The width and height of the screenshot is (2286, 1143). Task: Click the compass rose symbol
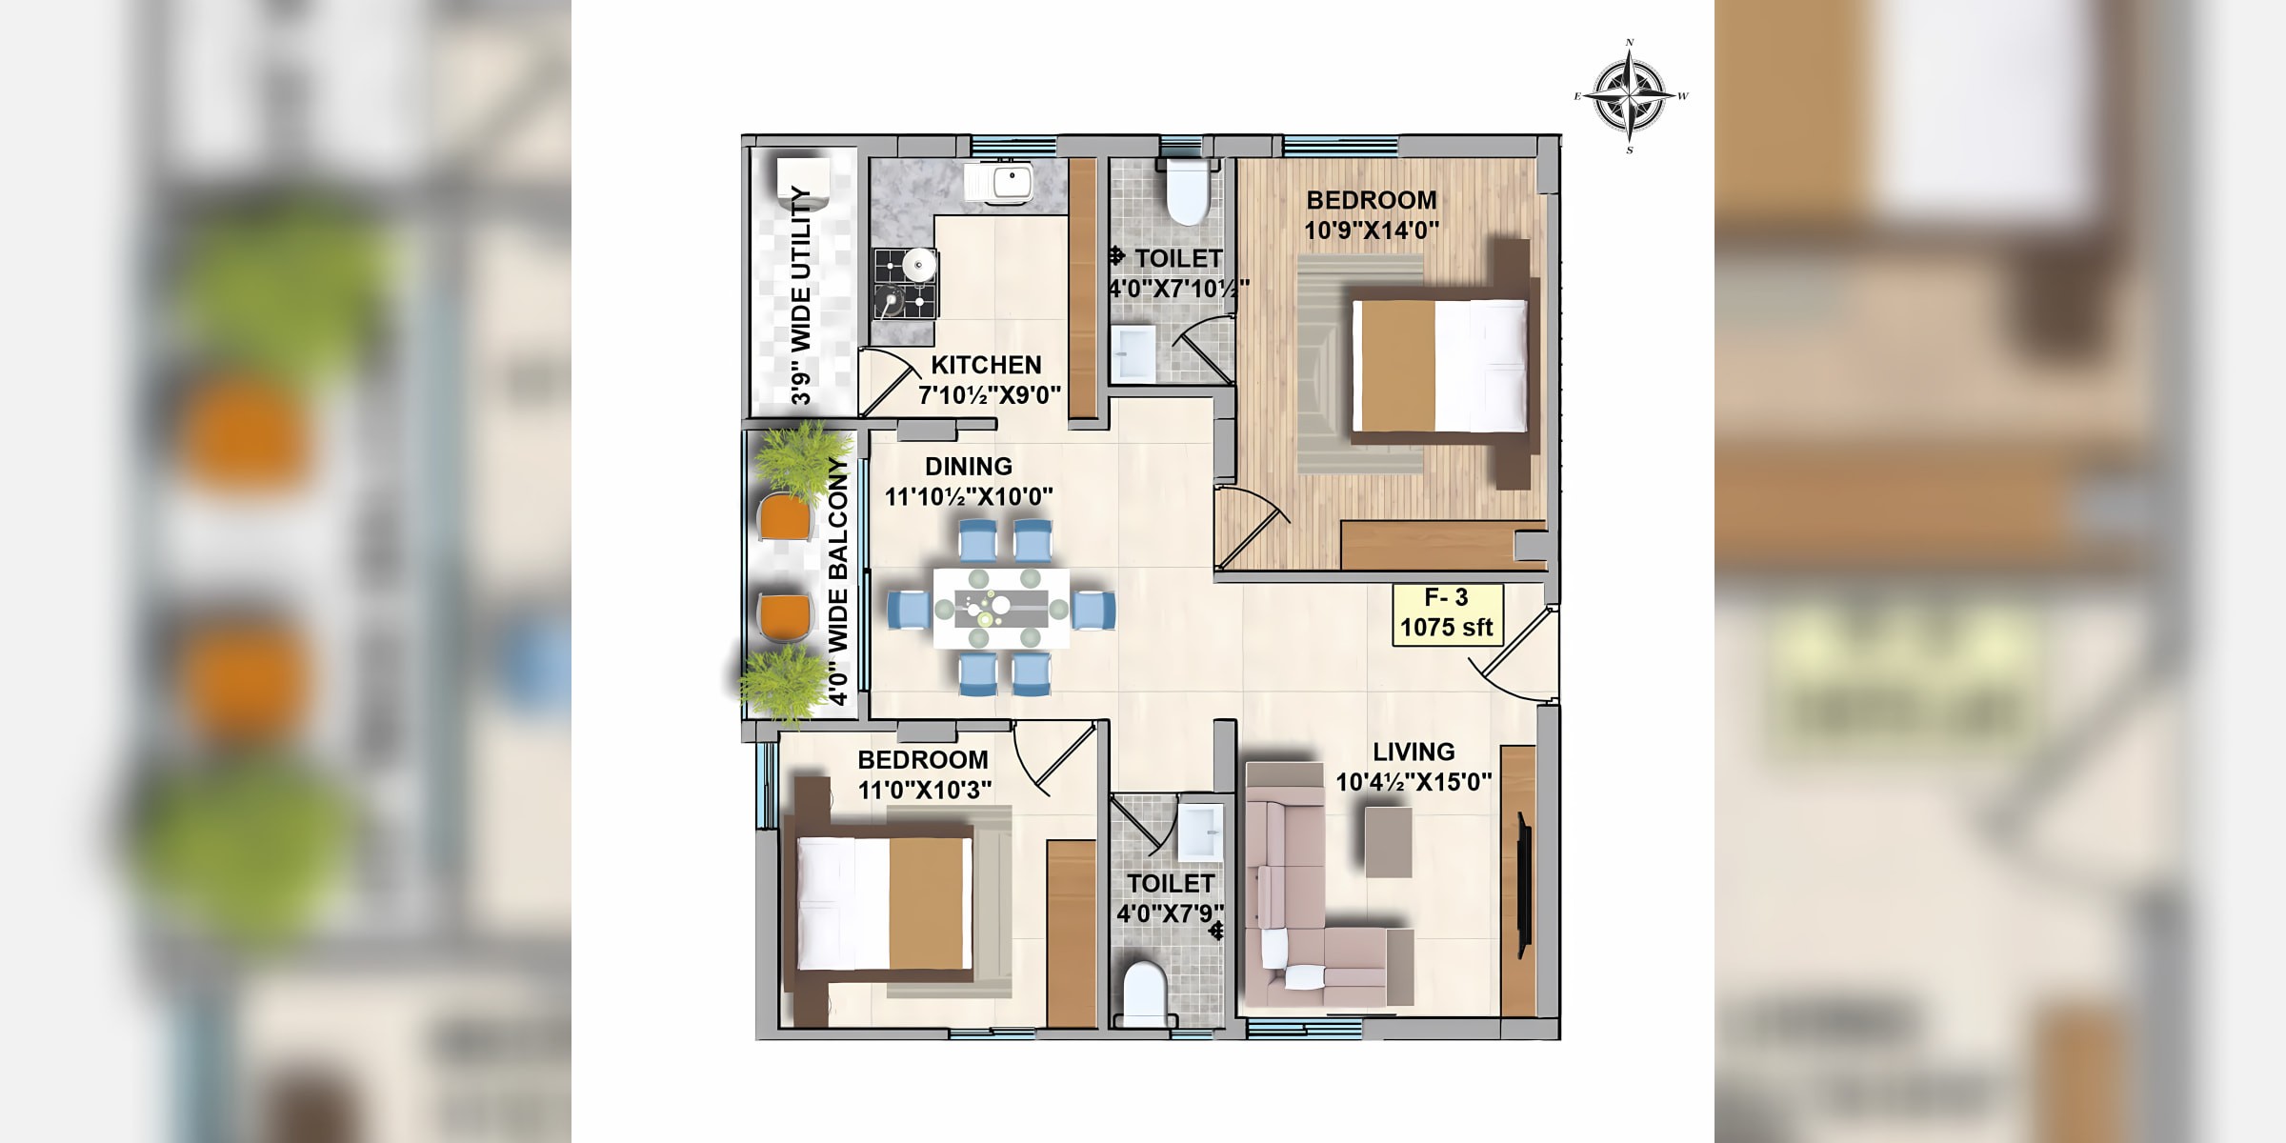coord(1631,96)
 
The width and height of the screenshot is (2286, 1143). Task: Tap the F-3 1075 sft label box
coord(1448,613)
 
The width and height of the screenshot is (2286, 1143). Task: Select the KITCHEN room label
coord(986,365)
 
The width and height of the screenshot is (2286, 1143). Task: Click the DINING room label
coord(969,467)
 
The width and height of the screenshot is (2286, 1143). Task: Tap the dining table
coord(1001,609)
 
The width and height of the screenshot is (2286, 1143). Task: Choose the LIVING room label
coord(1414,752)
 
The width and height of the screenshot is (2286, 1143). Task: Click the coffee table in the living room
coord(1389,842)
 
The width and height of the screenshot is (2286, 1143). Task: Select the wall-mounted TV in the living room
coord(1524,885)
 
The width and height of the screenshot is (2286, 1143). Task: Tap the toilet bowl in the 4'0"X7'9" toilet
coord(1145,993)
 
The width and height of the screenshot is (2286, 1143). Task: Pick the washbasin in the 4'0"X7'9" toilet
coord(1200,831)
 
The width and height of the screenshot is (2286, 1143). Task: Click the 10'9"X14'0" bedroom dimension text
coord(1372,231)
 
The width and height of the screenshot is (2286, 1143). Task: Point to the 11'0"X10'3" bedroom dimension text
coord(925,791)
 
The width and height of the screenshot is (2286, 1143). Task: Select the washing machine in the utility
coord(803,185)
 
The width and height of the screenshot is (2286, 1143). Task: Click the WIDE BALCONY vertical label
coord(837,581)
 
